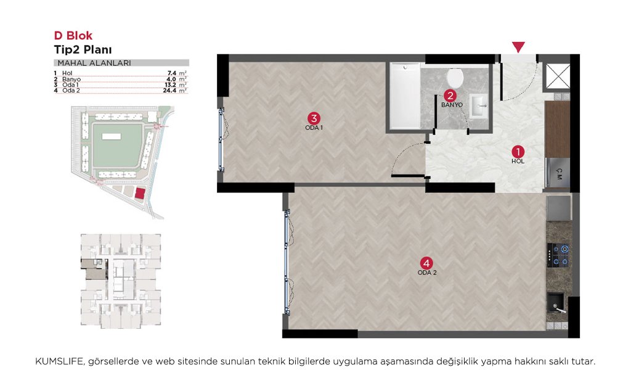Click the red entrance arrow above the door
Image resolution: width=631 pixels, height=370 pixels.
click(518, 47)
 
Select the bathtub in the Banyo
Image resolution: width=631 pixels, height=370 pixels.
click(405, 96)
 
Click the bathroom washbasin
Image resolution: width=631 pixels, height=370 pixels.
click(478, 106)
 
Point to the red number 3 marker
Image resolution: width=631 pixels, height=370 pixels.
click(314, 118)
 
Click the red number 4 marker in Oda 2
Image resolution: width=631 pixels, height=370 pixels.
click(426, 263)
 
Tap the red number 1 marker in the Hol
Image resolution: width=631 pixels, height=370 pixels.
click(518, 152)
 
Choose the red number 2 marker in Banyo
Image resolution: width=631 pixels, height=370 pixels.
click(450, 96)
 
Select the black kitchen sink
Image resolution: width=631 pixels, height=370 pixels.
click(556, 303)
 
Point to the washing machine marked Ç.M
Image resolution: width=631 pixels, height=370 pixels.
click(558, 173)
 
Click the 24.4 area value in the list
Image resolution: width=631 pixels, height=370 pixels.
click(169, 91)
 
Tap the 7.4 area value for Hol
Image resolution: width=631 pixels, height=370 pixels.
click(172, 73)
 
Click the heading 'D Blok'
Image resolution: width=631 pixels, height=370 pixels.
click(73, 35)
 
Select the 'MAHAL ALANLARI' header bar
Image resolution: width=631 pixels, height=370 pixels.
click(121, 63)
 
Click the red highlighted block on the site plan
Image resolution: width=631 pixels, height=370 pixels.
click(140, 193)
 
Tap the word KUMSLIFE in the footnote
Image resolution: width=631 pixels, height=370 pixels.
click(60, 361)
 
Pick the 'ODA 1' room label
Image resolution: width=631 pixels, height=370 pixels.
click(314, 128)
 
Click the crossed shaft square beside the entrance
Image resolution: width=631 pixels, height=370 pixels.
click(558, 76)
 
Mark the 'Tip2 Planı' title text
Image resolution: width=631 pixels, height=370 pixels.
click(83, 49)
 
